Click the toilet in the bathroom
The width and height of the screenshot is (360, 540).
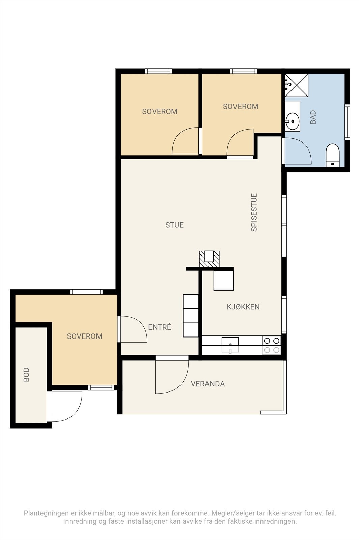click(x=333, y=155)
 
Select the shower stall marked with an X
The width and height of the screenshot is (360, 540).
click(x=297, y=85)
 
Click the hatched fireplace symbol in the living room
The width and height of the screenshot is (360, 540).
click(x=209, y=259)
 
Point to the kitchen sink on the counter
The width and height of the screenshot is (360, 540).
click(x=230, y=345)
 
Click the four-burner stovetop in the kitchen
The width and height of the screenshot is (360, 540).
click(x=272, y=345)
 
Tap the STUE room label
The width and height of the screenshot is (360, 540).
click(x=174, y=225)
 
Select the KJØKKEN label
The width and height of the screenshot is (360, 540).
click(x=243, y=307)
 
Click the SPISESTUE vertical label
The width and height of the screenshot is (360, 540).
click(x=254, y=212)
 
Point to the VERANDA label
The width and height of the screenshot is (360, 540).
click(x=208, y=384)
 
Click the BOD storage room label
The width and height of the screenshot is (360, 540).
click(x=26, y=375)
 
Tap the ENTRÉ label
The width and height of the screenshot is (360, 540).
click(x=160, y=327)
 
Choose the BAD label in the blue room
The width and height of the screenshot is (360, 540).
click(x=313, y=117)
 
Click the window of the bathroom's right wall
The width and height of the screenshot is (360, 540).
click(x=347, y=122)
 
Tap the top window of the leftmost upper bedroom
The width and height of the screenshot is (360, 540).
click(x=159, y=71)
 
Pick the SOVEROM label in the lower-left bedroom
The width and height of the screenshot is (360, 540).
click(x=85, y=336)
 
